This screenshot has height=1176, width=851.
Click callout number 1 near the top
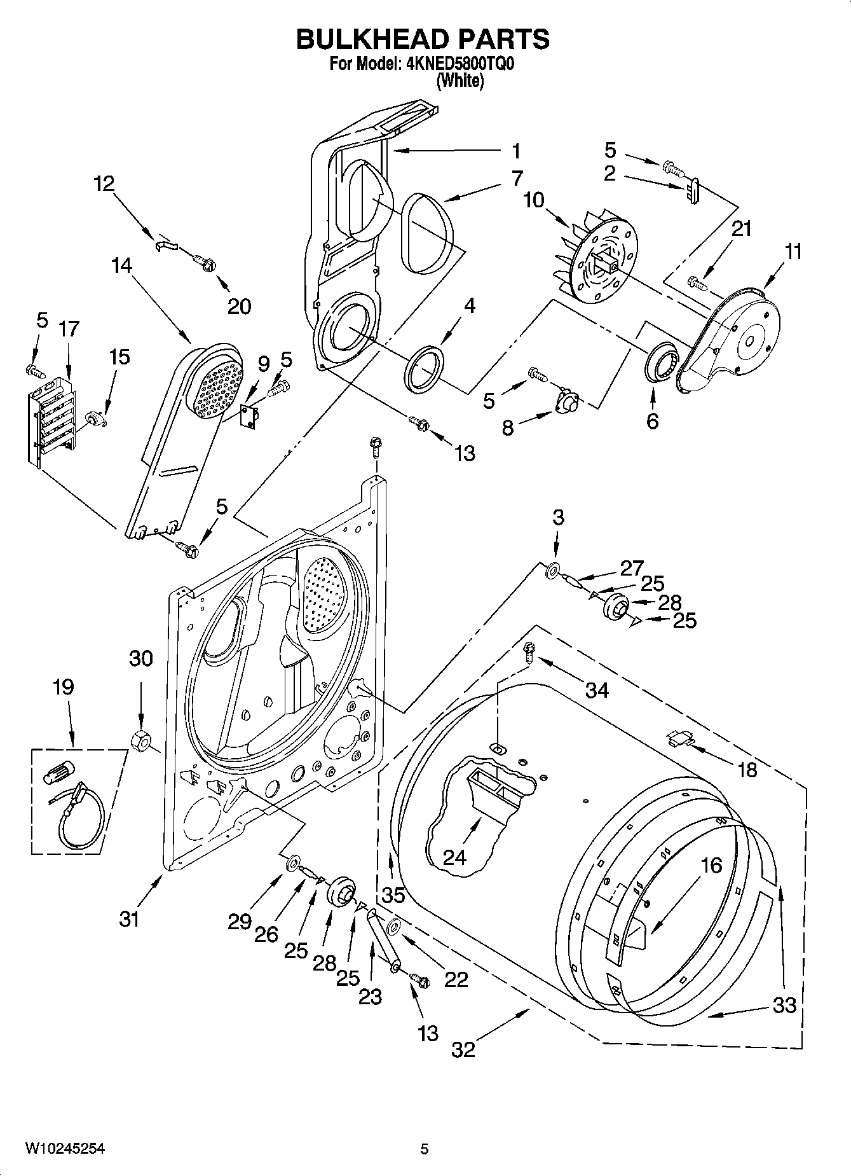pyautogui.click(x=515, y=151)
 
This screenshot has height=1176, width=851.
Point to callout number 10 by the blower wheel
pyautogui.click(x=533, y=200)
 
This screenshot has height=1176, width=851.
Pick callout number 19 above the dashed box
pyautogui.click(x=63, y=687)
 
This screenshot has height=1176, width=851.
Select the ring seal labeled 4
pyautogui.click(x=425, y=367)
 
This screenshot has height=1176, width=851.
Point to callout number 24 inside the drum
pyautogui.click(x=454, y=857)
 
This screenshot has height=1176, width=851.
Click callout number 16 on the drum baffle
pyautogui.click(x=711, y=865)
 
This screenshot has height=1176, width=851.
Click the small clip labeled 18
pyautogui.click(x=681, y=738)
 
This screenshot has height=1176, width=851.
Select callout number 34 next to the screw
pyautogui.click(x=596, y=689)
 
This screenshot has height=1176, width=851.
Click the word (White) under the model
pyautogui.click(x=460, y=81)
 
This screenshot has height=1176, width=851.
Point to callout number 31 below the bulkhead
pyautogui.click(x=129, y=918)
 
